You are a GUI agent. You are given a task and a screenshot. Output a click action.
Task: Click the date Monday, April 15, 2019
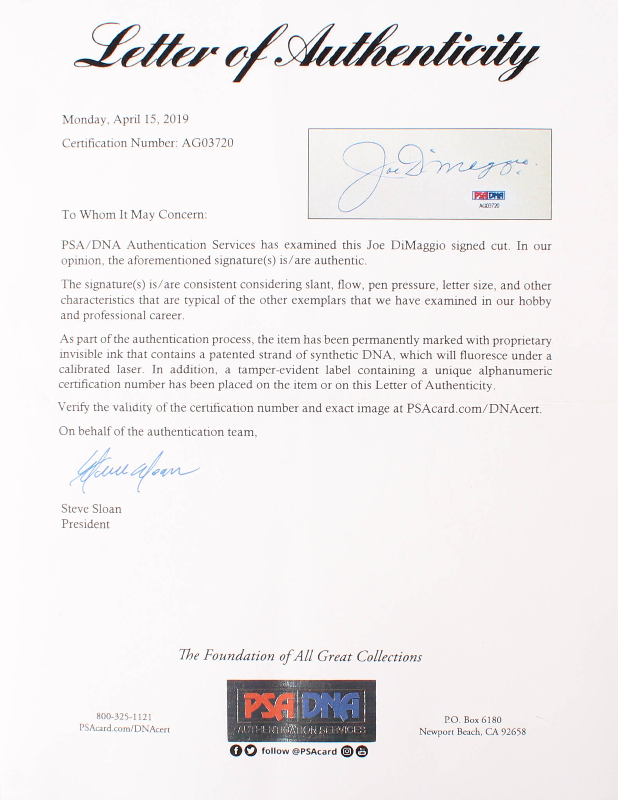tap(125, 119)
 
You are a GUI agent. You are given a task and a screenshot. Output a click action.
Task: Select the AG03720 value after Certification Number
tap(207, 143)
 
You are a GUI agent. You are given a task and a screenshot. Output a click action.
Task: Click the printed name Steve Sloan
tap(91, 509)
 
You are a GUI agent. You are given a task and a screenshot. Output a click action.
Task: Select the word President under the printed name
tap(86, 524)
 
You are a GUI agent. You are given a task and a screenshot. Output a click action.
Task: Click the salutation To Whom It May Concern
tap(134, 214)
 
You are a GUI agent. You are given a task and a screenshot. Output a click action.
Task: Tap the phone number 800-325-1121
tap(124, 716)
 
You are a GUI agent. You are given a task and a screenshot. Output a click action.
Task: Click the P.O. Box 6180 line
tap(473, 719)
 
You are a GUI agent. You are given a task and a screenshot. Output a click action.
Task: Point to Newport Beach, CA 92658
tap(473, 732)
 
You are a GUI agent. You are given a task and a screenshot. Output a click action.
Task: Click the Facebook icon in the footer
tap(236, 751)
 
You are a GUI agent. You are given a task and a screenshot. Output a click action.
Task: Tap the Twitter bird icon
tap(250, 751)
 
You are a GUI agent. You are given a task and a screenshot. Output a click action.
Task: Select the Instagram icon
tap(347, 751)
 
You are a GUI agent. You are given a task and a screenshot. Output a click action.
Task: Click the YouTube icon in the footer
tap(362, 751)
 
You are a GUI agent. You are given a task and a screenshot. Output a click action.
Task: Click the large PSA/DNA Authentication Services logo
tap(301, 711)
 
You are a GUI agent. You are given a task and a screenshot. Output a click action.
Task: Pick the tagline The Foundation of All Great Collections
tap(300, 656)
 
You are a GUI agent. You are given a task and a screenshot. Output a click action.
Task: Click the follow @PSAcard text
tap(299, 751)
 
